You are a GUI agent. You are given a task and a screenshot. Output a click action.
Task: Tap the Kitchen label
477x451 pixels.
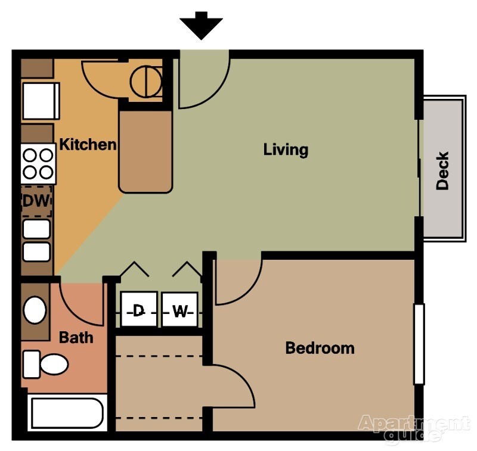(88, 144)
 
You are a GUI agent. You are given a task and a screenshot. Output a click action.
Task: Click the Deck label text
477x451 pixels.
(442, 171)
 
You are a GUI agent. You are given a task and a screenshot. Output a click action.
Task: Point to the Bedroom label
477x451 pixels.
(320, 347)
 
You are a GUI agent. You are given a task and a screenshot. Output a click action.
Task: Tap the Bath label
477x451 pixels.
(76, 337)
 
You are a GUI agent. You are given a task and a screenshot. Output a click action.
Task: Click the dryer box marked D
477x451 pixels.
(138, 310)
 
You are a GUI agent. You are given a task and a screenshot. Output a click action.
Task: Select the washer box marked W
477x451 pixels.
(179, 310)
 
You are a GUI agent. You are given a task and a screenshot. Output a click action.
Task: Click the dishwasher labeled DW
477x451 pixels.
(36, 201)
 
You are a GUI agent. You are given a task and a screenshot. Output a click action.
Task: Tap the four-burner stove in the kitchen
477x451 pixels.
(38, 164)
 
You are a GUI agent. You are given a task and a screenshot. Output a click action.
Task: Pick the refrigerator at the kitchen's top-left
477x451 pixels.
(41, 101)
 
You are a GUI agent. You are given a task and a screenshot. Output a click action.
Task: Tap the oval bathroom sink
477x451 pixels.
(35, 310)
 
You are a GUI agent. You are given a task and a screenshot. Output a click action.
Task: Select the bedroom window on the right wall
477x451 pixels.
(419, 344)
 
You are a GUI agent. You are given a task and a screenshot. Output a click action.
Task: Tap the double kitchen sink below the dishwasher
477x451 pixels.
(36, 240)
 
